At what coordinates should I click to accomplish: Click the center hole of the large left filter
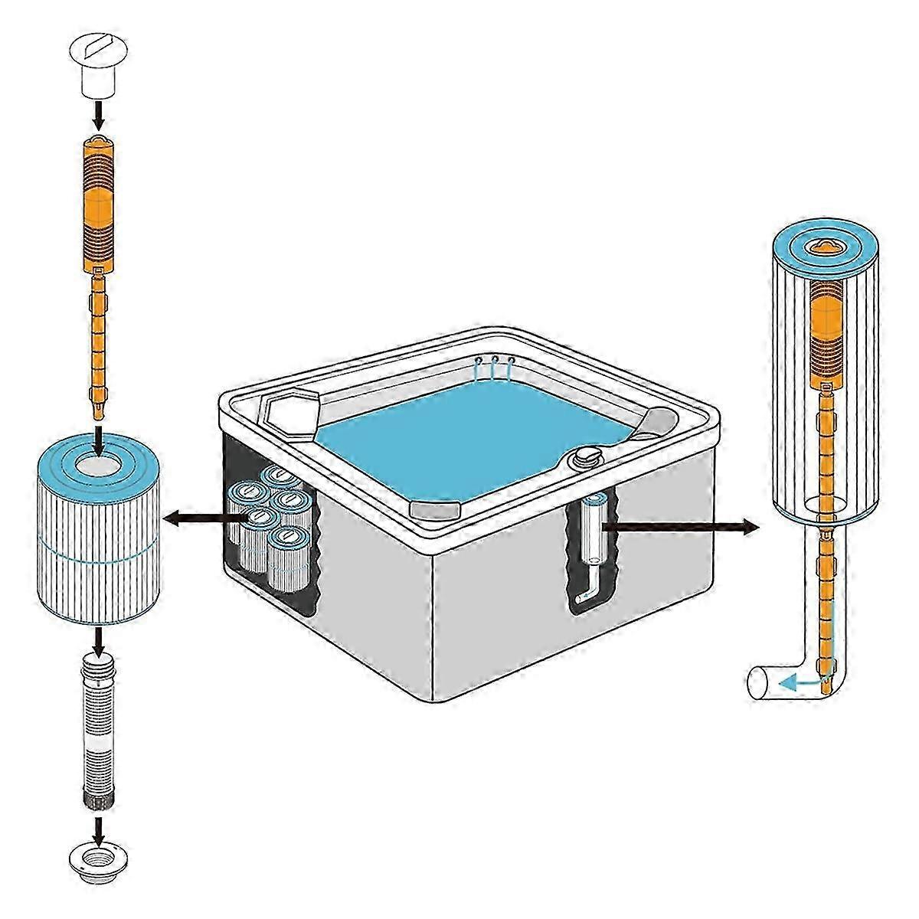click(98, 463)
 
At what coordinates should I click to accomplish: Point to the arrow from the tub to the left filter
click(203, 519)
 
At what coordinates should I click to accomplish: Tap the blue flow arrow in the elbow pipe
click(800, 681)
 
